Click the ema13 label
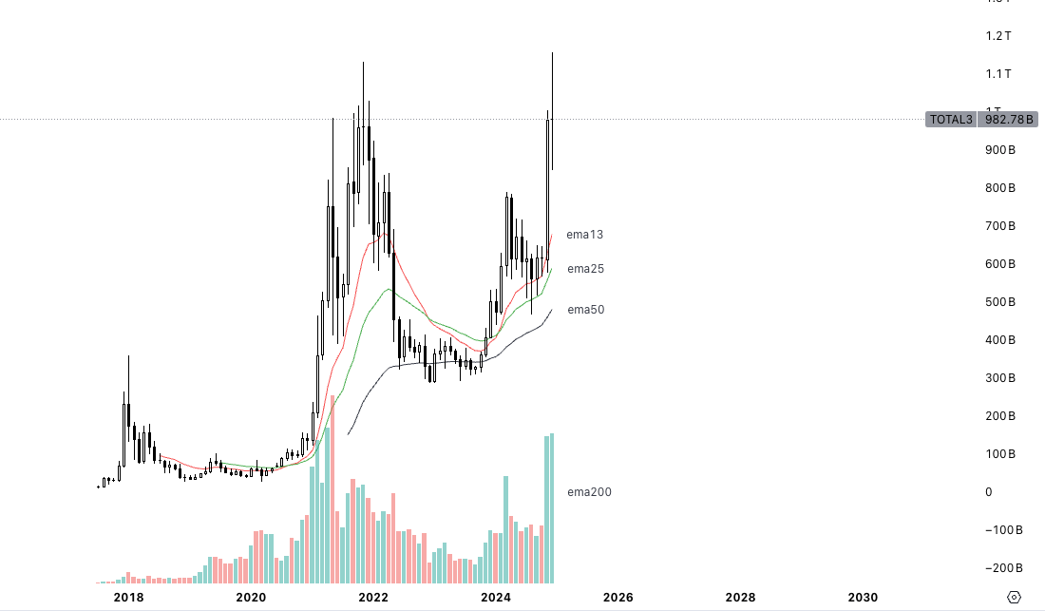click(584, 234)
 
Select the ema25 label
click(585, 269)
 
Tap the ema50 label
click(585, 310)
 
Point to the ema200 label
click(589, 491)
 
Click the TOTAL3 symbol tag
click(950, 120)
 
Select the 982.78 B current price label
click(1009, 120)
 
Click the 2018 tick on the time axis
click(128, 598)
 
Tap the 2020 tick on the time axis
click(251, 598)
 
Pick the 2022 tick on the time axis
click(373, 598)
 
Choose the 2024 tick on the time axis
click(496, 598)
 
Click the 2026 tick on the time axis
click(618, 598)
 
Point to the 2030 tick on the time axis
click(863, 598)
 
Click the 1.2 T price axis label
click(998, 36)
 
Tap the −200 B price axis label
click(1002, 568)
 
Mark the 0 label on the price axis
click(989, 492)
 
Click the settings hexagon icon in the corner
click(1014, 598)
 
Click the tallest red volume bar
click(332, 485)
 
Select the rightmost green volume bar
click(551, 508)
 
